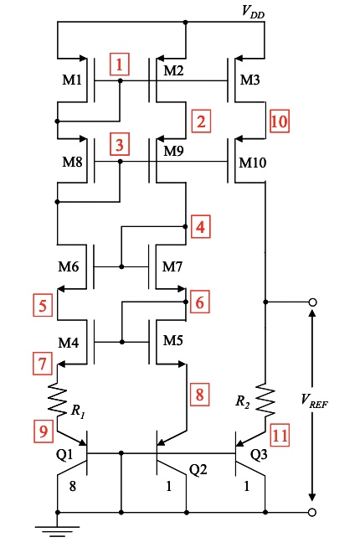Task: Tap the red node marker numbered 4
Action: pos(200,227)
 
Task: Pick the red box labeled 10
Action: pos(280,121)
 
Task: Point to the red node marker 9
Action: pos(42,432)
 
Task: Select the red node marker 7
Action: pos(42,364)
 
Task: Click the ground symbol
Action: pos(58,530)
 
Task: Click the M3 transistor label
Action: pos(250,80)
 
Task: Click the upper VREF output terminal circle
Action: pos(312,302)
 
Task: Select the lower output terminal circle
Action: pos(312,512)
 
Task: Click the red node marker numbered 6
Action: pos(200,302)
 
